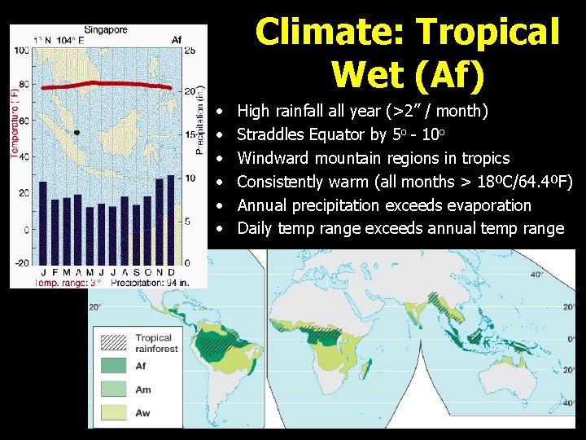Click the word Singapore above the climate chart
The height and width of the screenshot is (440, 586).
click(x=106, y=30)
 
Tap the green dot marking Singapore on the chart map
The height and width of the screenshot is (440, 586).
click(x=77, y=131)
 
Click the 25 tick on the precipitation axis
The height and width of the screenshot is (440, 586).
click(x=190, y=51)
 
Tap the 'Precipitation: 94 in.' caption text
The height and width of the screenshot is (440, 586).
click(x=144, y=282)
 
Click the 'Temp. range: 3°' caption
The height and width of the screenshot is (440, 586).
click(x=67, y=282)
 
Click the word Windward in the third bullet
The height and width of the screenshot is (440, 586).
click(x=275, y=158)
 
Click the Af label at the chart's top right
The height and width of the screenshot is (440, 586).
click(x=177, y=39)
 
